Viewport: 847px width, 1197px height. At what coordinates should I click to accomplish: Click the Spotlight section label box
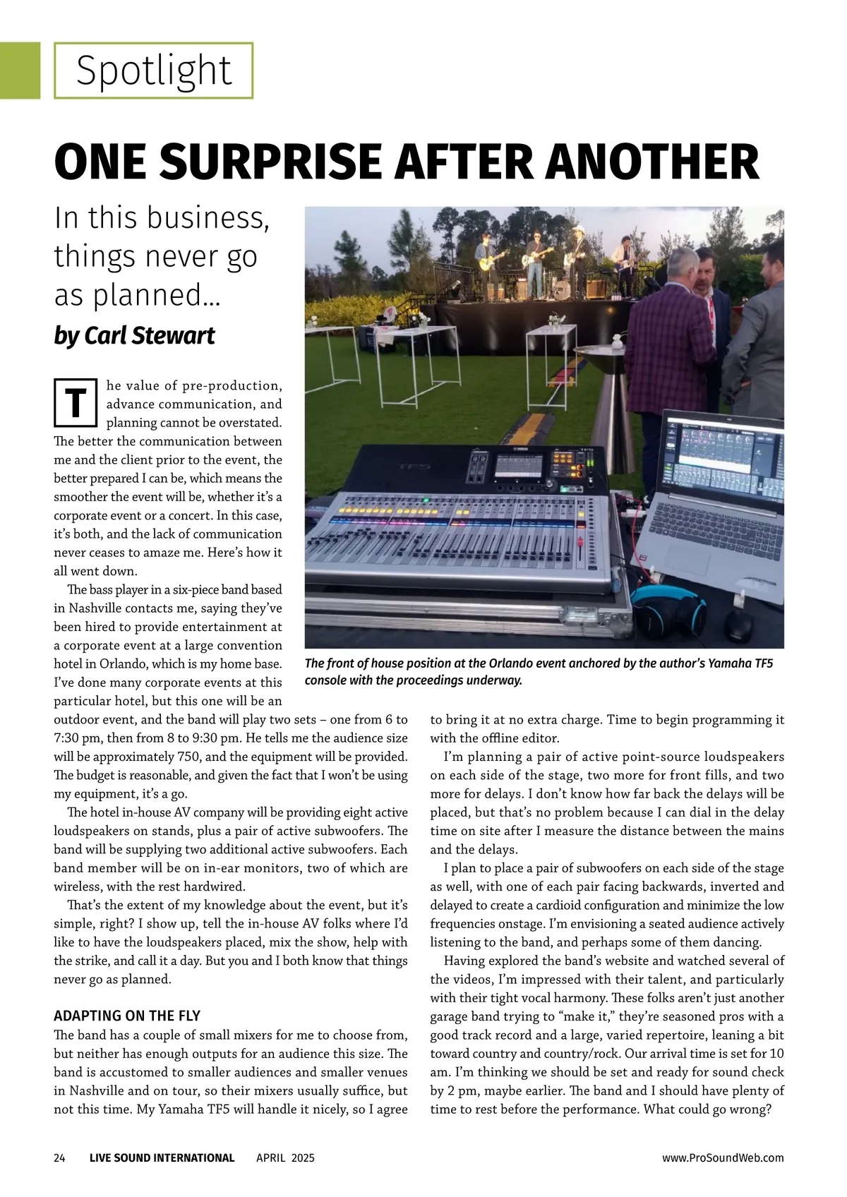153,71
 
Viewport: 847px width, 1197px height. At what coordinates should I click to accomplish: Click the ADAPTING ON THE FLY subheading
127,1016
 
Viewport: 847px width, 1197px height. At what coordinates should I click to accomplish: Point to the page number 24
59,1157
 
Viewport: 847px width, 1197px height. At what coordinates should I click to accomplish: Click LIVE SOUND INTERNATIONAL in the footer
162,1157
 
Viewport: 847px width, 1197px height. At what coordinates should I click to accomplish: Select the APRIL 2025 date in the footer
285,1157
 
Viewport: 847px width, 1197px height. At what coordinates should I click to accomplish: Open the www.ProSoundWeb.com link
723,1157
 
